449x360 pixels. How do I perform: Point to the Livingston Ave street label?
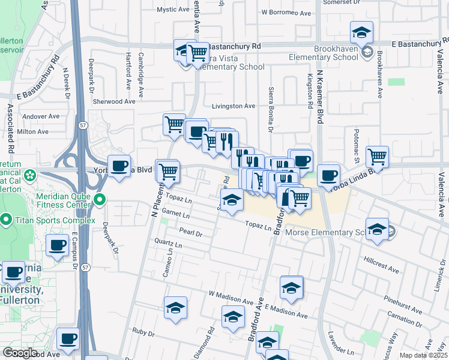tap(234, 106)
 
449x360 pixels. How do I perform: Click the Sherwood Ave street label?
tap(113, 102)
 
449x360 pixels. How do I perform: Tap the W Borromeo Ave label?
tap(286, 13)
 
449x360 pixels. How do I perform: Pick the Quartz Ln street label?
tap(168, 244)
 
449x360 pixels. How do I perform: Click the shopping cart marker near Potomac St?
tap(377, 157)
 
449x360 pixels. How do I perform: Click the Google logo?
tap(20, 353)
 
